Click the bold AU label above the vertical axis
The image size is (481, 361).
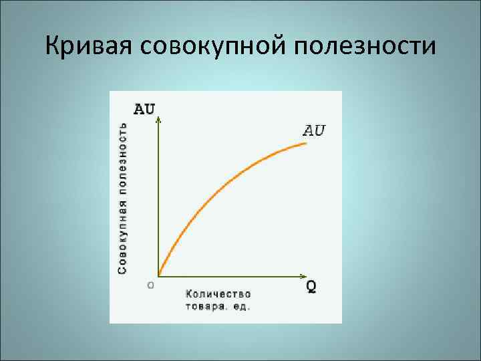(149, 108)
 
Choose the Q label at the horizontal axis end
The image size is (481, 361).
(311, 287)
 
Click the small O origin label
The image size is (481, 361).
(150, 284)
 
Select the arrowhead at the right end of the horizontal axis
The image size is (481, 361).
(303, 275)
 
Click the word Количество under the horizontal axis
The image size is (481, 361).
(218, 293)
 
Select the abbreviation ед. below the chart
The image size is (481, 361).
(242, 306)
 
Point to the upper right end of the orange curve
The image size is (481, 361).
(306, 142)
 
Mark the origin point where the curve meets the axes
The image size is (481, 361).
(159, 274)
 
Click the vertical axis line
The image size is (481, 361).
(158, 201)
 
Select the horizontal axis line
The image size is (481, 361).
(227, 275)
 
